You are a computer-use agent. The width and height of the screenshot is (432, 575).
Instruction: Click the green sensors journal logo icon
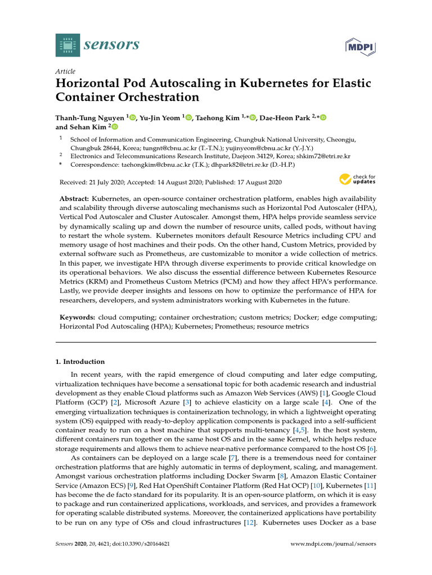pyautogui.click(x=68, y=45)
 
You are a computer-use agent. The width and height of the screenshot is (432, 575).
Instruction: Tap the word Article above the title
pyautogui.click(x=65, y=72)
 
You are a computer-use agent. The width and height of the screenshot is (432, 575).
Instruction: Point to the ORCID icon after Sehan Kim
pyautogui.click(x=115, y=127)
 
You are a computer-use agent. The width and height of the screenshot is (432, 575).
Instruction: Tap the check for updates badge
pyautogui.click(x=357, y=180)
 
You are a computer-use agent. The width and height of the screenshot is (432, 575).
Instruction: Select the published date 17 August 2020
pyautogui.click(x=256, y=182)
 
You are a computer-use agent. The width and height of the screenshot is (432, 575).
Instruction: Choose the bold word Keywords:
pyautogui.click(x=78, y=317)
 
